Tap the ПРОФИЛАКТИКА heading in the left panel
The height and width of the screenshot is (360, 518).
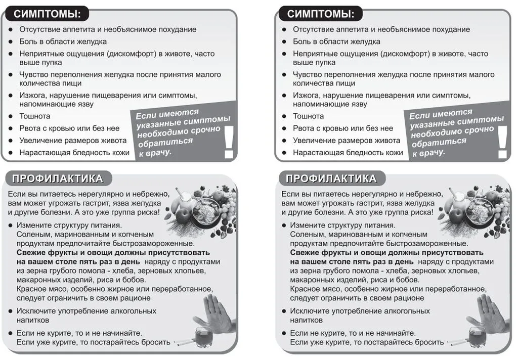tap(58, 178)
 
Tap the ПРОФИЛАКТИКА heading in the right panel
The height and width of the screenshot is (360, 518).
tap(331, 178)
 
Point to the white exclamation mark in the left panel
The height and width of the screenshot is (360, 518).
tap(229, 142)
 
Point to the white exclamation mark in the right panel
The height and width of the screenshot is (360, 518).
tap(503, 142)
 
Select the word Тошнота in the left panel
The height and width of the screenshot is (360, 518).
tap(35, 116)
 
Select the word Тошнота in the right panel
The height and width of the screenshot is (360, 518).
tap(309, 116)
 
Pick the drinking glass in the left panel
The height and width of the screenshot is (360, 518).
tap(204, 337)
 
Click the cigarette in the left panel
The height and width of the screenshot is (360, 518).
tap(184, 343)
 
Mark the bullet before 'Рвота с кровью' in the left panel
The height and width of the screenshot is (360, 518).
tap(11, 128)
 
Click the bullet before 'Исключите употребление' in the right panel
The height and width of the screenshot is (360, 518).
tap(283, 311)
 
